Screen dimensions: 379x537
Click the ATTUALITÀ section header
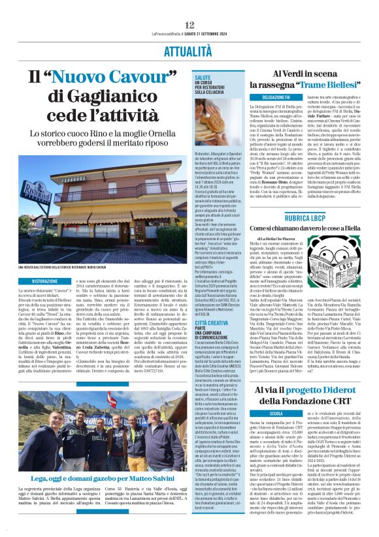pos(189,50)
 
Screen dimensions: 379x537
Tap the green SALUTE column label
pos(202,77)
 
